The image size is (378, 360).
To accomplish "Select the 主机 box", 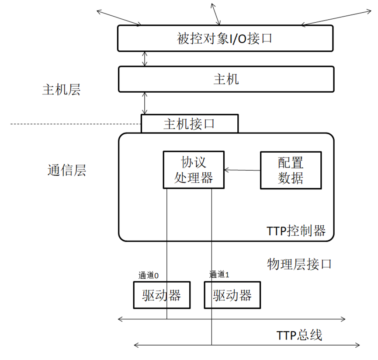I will [x=226, y=79].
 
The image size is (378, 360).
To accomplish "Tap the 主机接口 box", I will [x=189, y=123].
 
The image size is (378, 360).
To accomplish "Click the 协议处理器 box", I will [x=194, y=170].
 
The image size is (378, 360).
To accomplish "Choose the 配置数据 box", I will [x=291, y=170].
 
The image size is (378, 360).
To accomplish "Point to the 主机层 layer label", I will [x=62, y=90].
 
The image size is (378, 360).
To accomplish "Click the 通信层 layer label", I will [x=67, y=170].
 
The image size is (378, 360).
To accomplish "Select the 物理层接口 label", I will [x=299, y=264].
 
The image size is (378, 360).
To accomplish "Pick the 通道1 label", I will [x=219, y=275].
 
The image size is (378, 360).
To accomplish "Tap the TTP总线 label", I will [x=299, y=336].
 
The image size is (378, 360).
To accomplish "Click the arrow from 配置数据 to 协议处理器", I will [x=242, y=170].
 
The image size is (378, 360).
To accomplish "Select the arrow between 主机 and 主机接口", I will [x=145, y=103].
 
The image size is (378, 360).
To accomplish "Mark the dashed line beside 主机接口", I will [x=74, y=125].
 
